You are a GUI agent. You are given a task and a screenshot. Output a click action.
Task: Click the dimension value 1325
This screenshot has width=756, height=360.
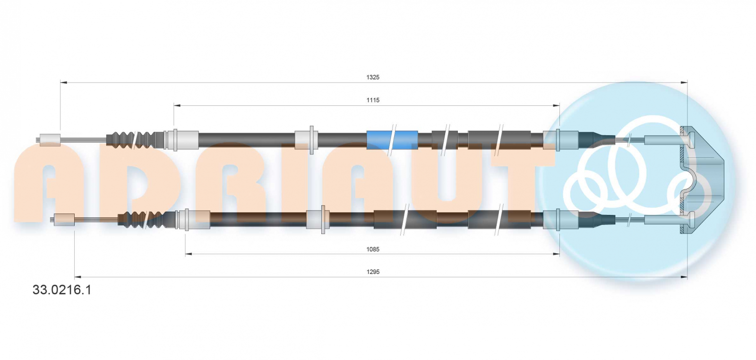pyautogui.click(x=373, y=77)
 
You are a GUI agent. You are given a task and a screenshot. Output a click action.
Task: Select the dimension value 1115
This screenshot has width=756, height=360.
pyautogui.click(x=373, y=100)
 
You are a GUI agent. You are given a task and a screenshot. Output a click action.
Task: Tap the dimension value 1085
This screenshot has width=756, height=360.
pyautogui.click(x=373, y=249)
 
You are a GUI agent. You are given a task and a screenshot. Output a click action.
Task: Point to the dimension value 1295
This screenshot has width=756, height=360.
pyautogui.click(x=373, y=272)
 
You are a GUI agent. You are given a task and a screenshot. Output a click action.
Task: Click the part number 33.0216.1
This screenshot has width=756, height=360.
pyautogui.click(x=62, y=290)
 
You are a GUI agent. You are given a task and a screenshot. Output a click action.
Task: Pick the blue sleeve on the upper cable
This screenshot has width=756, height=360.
pyautogui.click(x=392, y=140)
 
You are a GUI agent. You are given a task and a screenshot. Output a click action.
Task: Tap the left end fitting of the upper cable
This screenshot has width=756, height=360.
pyautogui.click(x=50, y=140)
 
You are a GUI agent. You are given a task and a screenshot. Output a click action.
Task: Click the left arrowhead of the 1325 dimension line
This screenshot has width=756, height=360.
pyautogui.click(x=64, y=82)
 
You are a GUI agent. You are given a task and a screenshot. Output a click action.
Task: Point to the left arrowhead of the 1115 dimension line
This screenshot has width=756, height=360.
pyautogui.click(x=177, y=106)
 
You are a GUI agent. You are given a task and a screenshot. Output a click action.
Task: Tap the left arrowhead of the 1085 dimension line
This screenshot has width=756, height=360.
pyautogui.click(x=189, y=254)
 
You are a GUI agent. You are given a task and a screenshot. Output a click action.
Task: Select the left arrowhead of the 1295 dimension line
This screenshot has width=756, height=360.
pyautogui.click(x=78, y=277)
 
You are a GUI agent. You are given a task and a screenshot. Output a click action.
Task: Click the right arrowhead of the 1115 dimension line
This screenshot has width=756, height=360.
pyautogui.click(x=556, y=106)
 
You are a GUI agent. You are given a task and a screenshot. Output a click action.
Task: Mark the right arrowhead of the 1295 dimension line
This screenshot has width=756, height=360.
pyautogui.click(x=684, y=277)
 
